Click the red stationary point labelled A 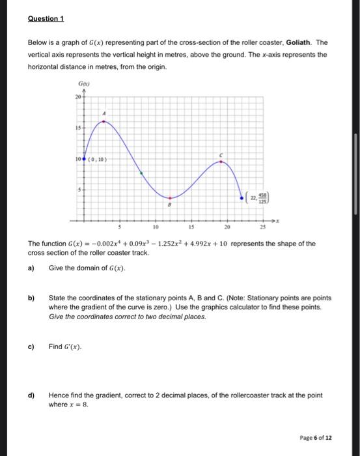[x=105, y=121]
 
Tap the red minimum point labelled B [x=170, y=197]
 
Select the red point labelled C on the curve [x=221, y=162]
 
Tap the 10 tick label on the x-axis [x=154, y=228]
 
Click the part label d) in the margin [x=31, y=395]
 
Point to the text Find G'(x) [x=66, y=347]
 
